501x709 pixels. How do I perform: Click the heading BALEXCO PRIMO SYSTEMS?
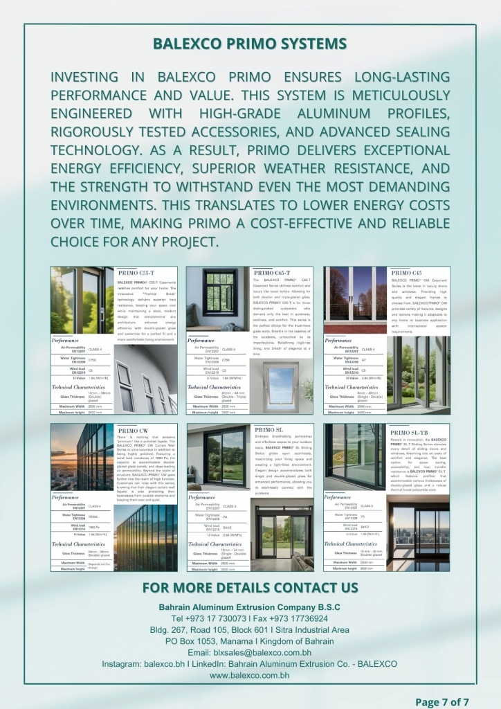coord(250,44)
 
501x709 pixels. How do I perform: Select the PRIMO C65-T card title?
coord(277,273)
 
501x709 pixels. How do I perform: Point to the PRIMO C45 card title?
coord(406,273)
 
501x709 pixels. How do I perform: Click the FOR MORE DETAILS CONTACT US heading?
coord(250,588)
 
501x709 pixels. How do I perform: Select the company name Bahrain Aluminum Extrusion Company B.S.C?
coord(250,607)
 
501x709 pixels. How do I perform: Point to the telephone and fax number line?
coord(250,618)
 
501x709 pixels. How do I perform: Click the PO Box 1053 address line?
coord(250,641)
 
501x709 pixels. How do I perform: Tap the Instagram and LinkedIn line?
coord(250,663)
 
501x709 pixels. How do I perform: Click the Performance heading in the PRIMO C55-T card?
coord(65,341)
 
